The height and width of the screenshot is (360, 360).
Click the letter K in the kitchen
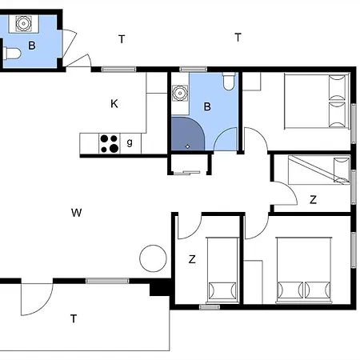coord(114,103)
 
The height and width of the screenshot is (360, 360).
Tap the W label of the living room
coord(77,213)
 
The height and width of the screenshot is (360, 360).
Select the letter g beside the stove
coord(130,142)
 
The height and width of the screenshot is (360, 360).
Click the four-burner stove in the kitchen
coord(110,143)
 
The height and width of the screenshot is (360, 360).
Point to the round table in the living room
coord(153,258)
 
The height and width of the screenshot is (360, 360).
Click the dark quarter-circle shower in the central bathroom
coord(186,134)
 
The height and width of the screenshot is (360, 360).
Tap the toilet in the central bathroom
coord(229,82)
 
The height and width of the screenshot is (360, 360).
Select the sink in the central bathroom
coord(180,93)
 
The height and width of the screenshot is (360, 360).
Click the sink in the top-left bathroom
coord(23,23)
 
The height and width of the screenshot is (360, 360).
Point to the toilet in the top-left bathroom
coord(12,54)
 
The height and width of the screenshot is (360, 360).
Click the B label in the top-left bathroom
coord(32,46)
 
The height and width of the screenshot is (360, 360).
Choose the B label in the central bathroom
coord(207,106)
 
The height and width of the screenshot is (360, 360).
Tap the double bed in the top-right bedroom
coord(317,101)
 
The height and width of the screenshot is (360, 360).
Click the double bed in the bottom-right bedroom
coord(304,270)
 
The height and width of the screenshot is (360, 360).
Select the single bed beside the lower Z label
coord(222,270)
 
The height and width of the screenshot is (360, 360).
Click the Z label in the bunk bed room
coord(313,199)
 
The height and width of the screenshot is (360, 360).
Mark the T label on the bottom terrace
coord(74,318)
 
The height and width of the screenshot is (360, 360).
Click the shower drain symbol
coord(187,146)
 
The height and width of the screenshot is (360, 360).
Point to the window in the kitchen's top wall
coord(118,70)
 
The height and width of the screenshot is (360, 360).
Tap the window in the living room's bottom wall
coord(107,281)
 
